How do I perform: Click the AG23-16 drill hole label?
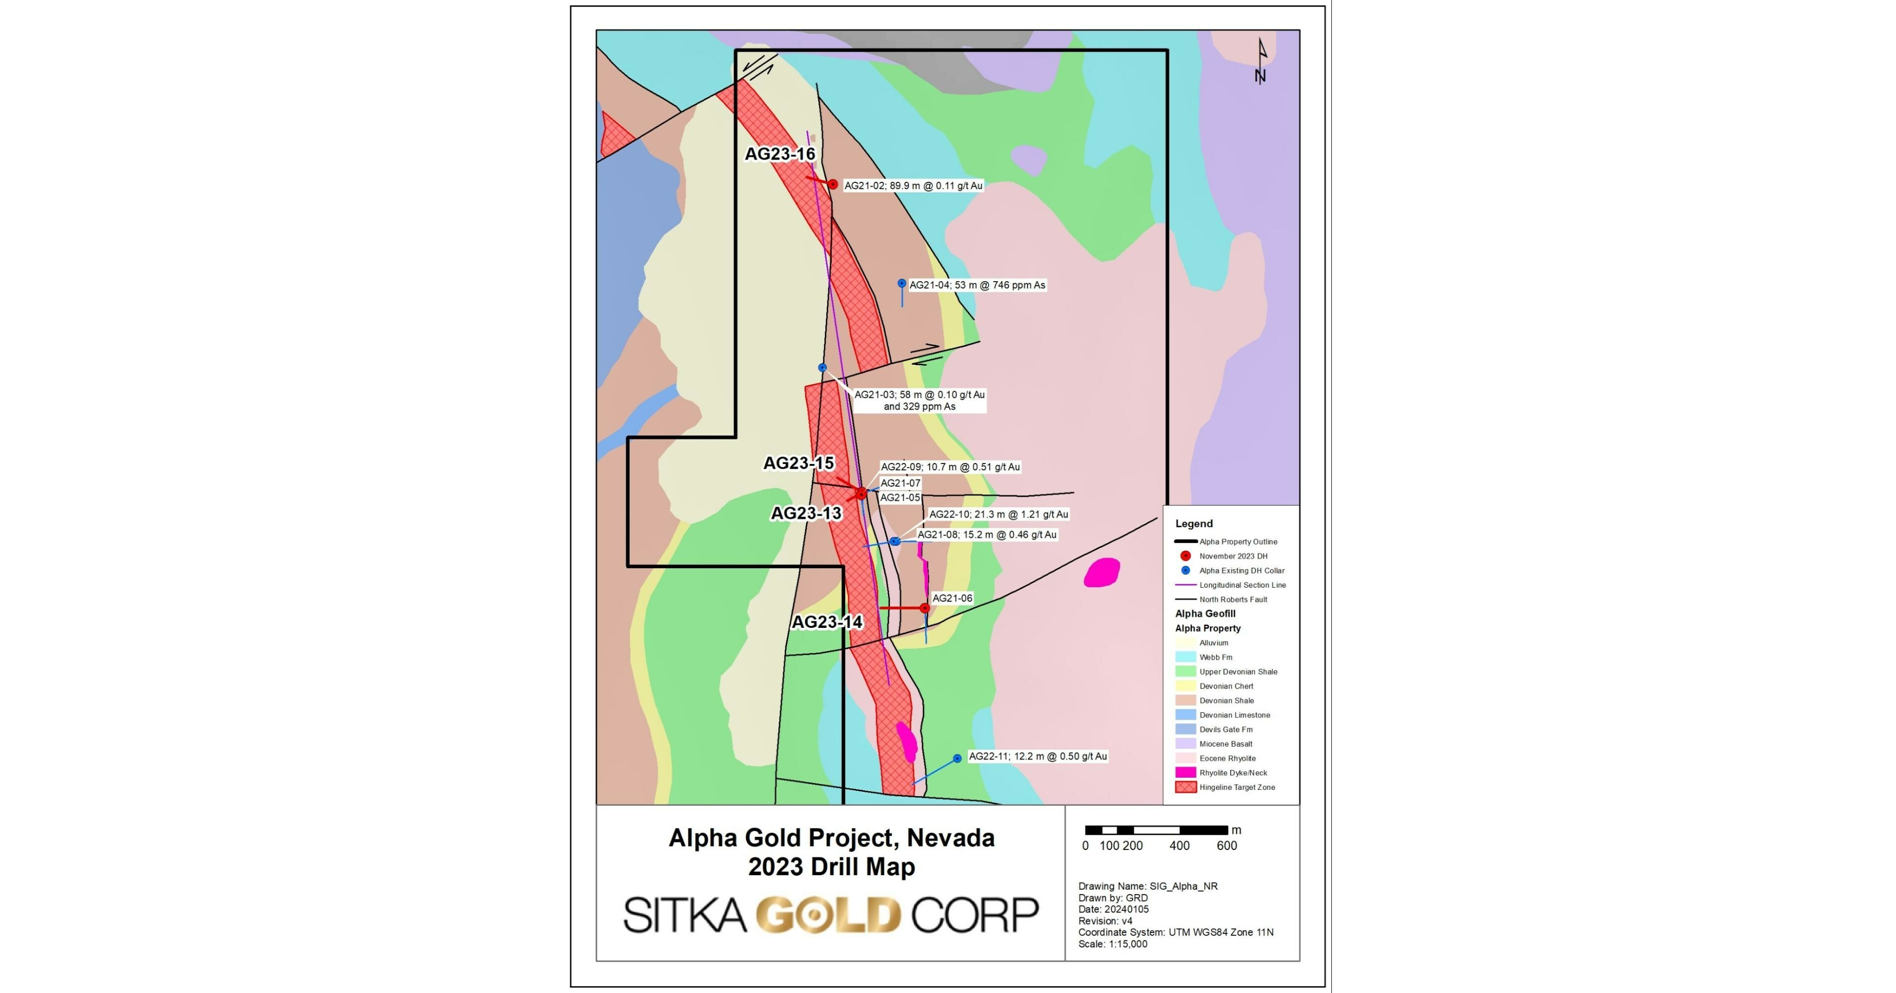(780, 154)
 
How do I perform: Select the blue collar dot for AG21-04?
(902, 284)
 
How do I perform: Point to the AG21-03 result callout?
(919, 400)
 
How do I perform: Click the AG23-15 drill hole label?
(799, 463)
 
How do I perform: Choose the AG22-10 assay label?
(998, 515)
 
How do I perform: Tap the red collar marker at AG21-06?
(925, 608)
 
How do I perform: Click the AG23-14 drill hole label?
(826, 622)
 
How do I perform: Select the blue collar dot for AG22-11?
(957, 758)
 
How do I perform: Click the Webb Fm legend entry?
(1215, 657)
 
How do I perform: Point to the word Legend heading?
(1194, 524)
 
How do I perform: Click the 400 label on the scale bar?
(1179, 846)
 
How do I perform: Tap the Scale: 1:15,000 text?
(1112, 944)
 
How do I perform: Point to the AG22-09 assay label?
(950, 466)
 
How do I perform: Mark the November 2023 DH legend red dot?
(1185, 556)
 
